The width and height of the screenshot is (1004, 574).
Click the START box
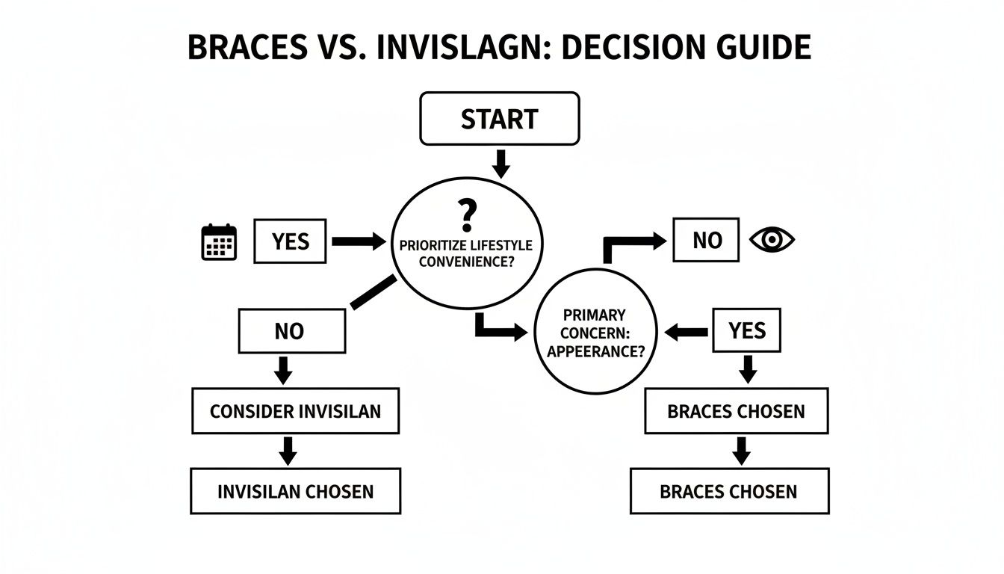coord(500,119)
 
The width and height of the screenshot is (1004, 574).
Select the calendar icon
coord(219,242)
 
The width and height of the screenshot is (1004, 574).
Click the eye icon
coord(772,240)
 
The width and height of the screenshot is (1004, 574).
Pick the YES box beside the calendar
coord(290,241)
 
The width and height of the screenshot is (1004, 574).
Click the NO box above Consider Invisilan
coord(291,331)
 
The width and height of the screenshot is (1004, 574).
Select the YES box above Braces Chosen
coord(746,330)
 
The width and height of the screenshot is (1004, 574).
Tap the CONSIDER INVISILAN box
coord(295,411)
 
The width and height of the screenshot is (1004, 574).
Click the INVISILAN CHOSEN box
coord(295,491)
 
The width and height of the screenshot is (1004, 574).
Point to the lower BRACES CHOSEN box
coord(728,491)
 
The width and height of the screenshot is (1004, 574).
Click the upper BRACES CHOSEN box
coord(736,411)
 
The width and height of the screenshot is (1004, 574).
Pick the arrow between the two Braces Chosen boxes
coord(740,451)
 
